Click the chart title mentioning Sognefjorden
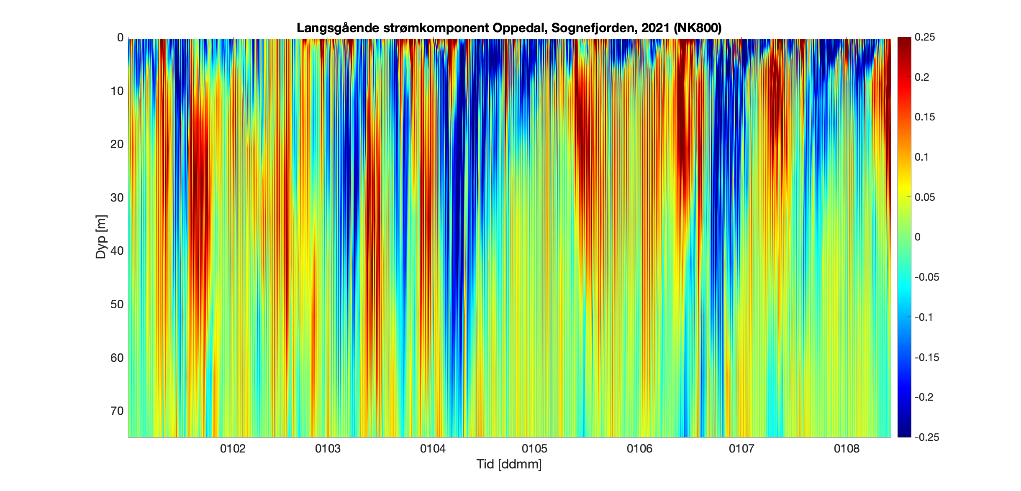[509, 28]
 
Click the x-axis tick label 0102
[233, 449]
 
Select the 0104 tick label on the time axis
[433, 449]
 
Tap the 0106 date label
[639, 449]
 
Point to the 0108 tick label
[847, 449]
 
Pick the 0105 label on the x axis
[534, 449]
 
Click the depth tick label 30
[117, 197]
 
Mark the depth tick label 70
[117, 411]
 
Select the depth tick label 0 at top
[120, 38]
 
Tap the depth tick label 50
[117, 304]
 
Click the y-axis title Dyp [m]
[101, 237]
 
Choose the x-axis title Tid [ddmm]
[509, 464]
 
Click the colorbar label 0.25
[925, 37]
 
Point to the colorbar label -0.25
[926, 437]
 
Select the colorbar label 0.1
[922, 157]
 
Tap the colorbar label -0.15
[926, 357]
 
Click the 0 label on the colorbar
[918, 237]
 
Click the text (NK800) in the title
[698, 28]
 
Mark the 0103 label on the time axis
[328, 449]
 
